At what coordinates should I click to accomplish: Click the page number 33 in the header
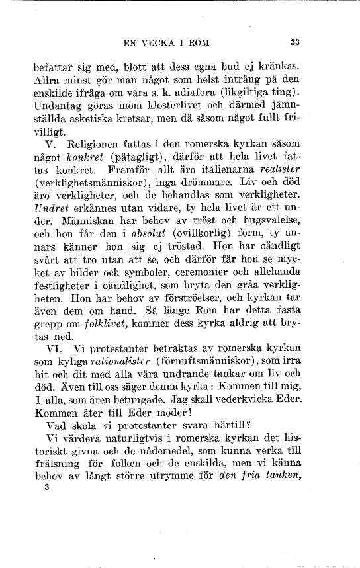295,44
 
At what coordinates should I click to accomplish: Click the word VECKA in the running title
163,44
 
